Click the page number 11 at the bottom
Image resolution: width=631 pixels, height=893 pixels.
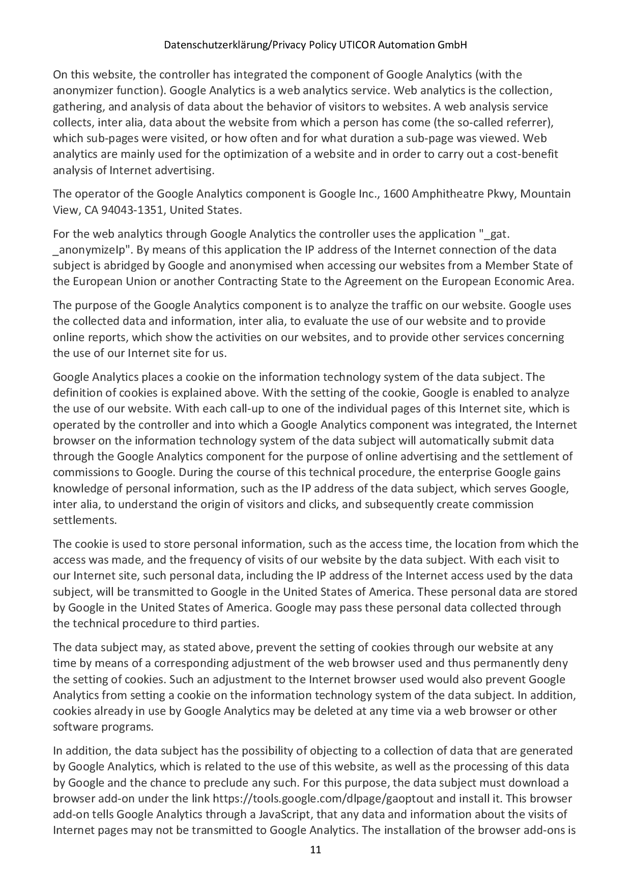[x=315, y=850]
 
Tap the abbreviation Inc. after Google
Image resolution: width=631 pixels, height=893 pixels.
[x=367, y=193]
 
